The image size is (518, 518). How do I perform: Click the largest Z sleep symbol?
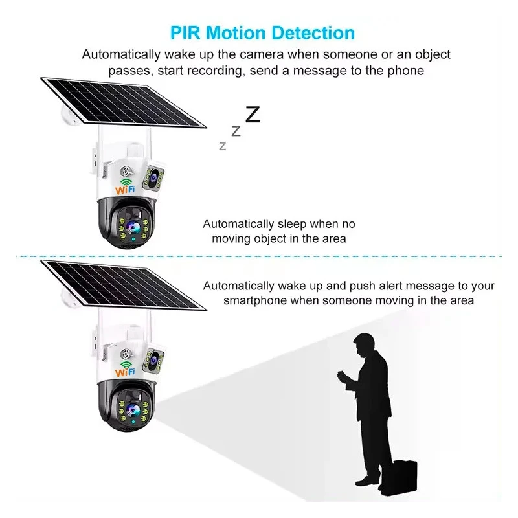(253, 115)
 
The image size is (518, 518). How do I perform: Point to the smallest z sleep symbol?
(223, 146)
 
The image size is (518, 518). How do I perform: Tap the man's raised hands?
(344, 377)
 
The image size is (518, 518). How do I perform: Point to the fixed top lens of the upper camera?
(153, 175)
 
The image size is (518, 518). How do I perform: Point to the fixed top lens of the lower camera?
(153, 358)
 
